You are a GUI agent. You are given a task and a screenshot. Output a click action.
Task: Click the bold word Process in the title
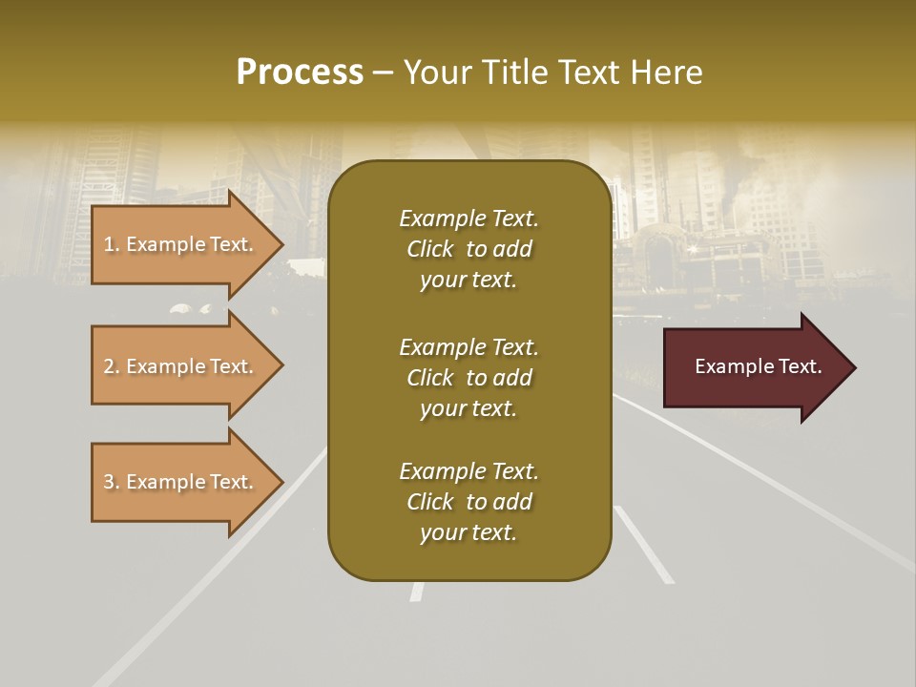pyautogui.click(x=300, y=73)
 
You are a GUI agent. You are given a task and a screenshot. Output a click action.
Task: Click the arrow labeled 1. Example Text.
pyautogui.click(x=181, y=245)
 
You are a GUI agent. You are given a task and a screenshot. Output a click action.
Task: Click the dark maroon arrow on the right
pyautogui.click(x=754, y=367)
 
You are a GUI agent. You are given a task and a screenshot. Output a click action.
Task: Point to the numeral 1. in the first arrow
pyautogui.click(x=111, y=245)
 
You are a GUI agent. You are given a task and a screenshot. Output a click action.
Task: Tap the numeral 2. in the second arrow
pyautogui.click(x=111, y=367)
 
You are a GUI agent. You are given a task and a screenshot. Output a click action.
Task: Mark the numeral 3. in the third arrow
pyautogui.click(x=111, y=483)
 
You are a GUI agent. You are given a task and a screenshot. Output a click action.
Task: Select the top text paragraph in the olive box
pyautogui.click(x=468, y=249)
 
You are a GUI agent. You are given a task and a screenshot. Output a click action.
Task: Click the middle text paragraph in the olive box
pyautogui.click(x=468, y=378)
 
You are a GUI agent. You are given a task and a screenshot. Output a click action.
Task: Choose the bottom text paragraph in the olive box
pyautogui.click(x=468, y=502)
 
